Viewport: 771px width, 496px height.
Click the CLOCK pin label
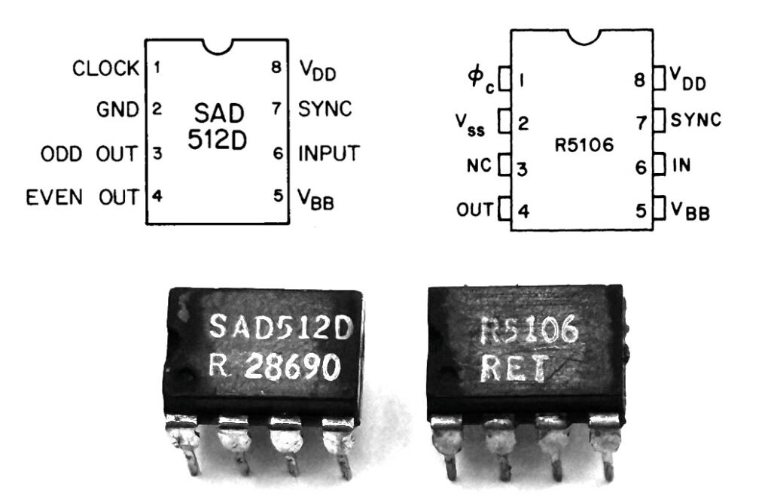(106, 68)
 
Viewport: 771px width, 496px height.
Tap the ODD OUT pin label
(89, 154)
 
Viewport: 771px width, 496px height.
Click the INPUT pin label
(328, 154)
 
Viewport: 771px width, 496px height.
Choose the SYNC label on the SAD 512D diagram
(325, 110)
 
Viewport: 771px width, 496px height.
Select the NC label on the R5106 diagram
(477, 165)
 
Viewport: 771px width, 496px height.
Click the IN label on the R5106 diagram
(681, 165)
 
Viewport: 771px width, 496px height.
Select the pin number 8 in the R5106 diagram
(640, 78)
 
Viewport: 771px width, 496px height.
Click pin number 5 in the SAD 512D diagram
(278, 197)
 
